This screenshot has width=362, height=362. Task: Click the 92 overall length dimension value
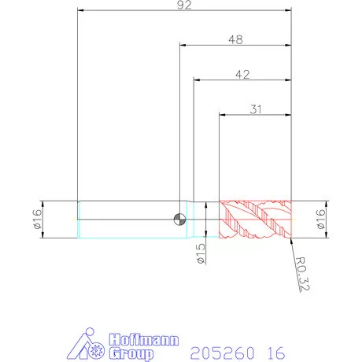coord(184,5)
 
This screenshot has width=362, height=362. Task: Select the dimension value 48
coord(235,39)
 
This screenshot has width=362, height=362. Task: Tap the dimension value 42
coord(242,75)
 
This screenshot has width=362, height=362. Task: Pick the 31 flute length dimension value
coord(256,109)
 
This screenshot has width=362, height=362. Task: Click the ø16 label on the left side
coord(38,219)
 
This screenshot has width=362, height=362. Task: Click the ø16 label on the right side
coord(320,219)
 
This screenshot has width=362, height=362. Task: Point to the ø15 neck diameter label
coord(201,253)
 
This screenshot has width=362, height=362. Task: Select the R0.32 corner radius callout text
coord(302,274)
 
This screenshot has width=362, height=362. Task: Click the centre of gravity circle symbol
coord(179,219)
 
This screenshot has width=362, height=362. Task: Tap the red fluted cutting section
coord(255,220)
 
